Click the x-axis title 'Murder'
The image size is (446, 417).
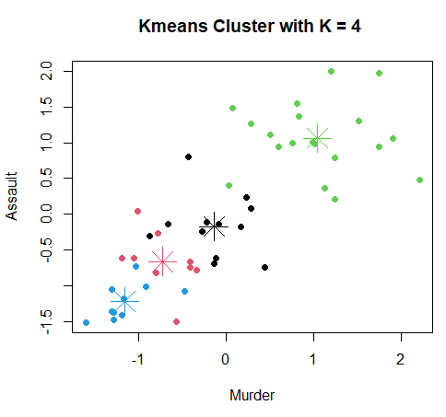click(252, 395)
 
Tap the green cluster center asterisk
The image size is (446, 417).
click(317, 138)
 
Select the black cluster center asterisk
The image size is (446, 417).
click(214, 225)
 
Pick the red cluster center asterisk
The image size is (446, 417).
click(162, 261)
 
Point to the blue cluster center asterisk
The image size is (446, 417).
click(124, 299)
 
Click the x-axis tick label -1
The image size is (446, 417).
click(138, 360)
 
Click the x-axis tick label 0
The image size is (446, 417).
click(226, 360)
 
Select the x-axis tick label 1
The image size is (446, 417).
click(313, 360)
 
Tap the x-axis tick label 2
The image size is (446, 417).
click(400, 360)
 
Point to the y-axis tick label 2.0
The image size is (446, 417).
click(46, 71)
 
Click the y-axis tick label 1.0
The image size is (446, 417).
click(46, 143)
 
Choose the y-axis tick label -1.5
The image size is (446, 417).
click(46, 321)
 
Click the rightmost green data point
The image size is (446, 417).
click(419, 180)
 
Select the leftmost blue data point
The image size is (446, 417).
click(86, 322)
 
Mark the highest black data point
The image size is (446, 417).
click(188, 156)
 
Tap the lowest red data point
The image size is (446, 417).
click(176, 321)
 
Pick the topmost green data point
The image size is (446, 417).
click(331, 71)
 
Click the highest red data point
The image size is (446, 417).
click(137, 211)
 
